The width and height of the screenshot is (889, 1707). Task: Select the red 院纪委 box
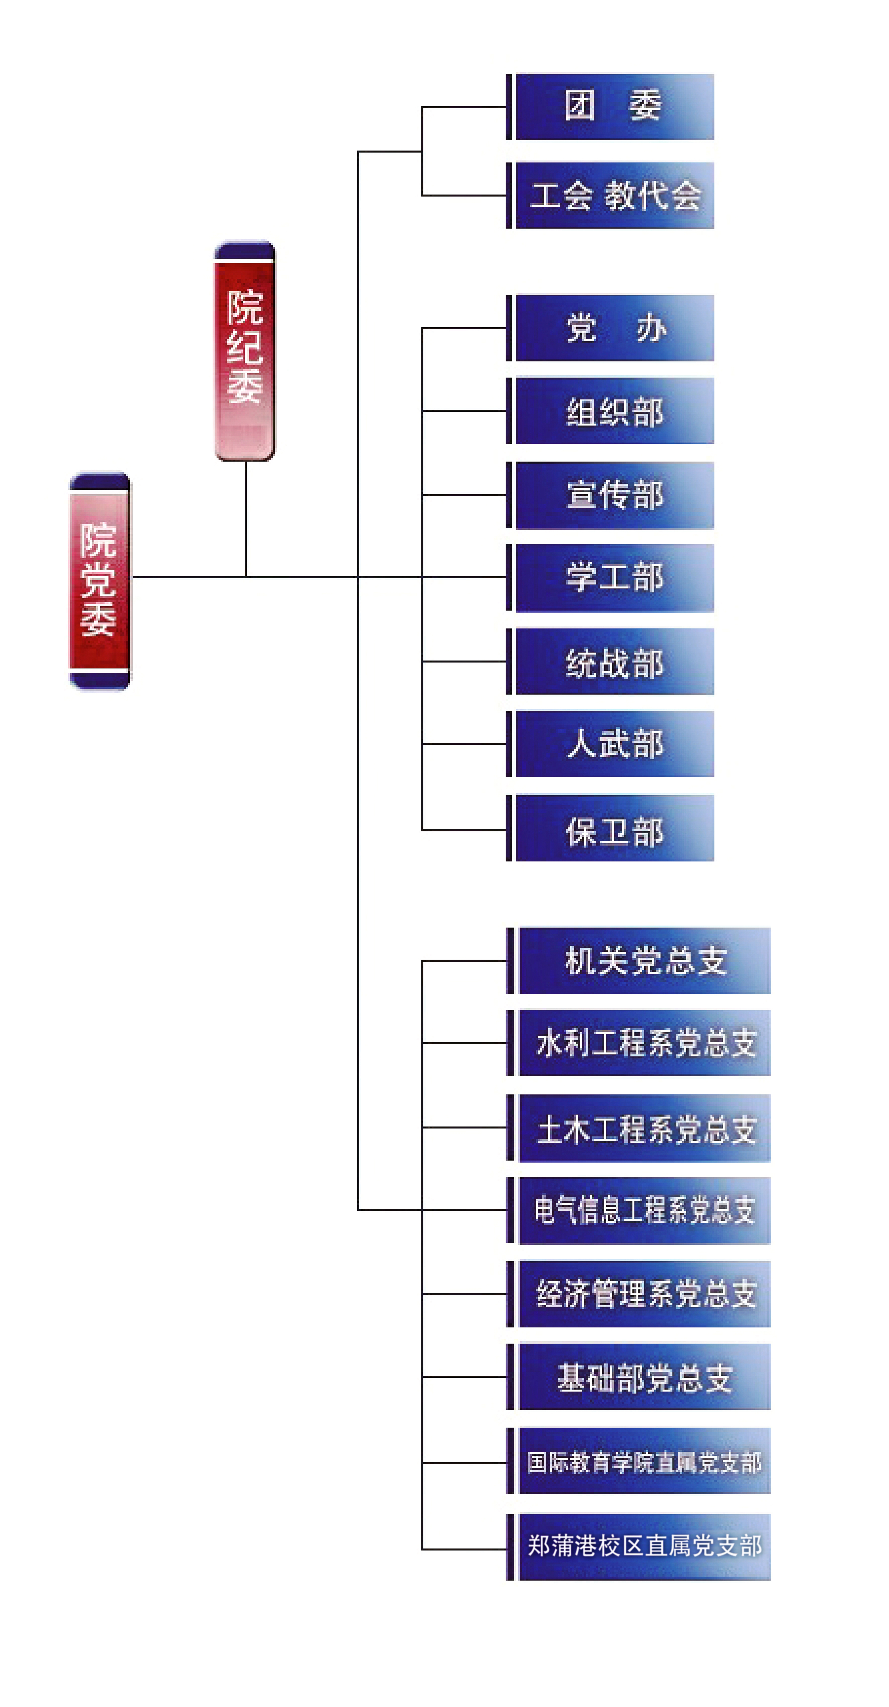pos(244,350)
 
